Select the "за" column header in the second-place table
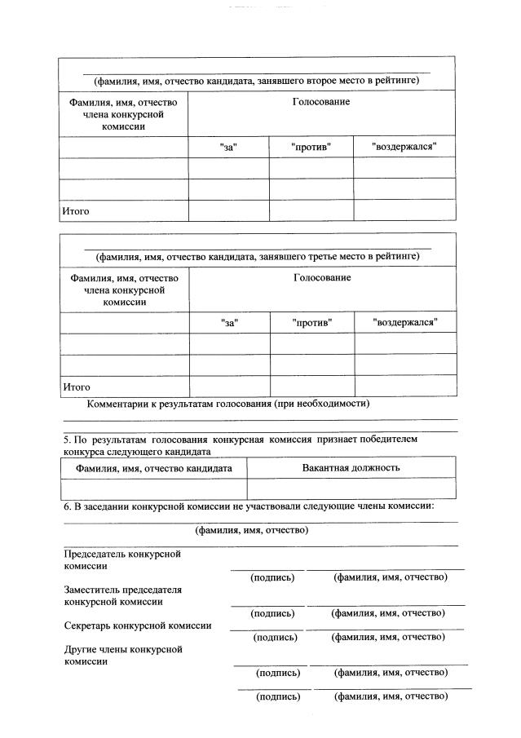[228, 148]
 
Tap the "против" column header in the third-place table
[311, 323]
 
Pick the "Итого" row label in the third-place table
[77, 387]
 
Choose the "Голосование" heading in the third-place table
[322, 278]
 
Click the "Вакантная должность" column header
[351, 468]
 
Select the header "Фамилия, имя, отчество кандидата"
[154, 468]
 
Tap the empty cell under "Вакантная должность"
[351, 488]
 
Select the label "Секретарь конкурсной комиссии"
[138, 625]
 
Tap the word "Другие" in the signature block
[80, 649]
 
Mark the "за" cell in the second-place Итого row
[228, 210]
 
